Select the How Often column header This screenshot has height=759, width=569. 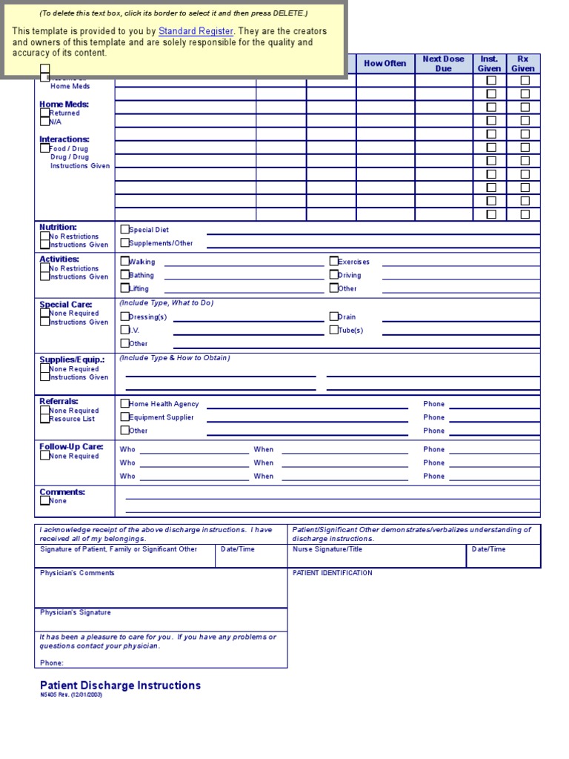(385, 64)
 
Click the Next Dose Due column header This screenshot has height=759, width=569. (443, 64)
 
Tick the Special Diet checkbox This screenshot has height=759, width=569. (124, 230)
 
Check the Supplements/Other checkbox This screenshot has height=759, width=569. (124, 243)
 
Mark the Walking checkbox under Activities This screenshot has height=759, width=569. (124, 261)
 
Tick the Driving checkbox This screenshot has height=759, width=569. (333, 274)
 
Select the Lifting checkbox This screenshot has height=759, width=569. (124, 288)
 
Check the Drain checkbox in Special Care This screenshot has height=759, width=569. (333, 316)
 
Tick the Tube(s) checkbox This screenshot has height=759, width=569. (333, 330)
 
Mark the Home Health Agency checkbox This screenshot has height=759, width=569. (124, 403)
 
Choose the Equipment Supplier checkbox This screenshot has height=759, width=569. (124, 417)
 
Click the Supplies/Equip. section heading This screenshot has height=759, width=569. (72, 359)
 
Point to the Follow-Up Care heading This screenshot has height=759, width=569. (71, 447)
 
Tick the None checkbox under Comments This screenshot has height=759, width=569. (44, 500)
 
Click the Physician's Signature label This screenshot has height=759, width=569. (75, 612)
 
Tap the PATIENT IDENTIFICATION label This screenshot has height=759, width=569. (332, 573)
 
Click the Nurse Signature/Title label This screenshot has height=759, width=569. (327, 549)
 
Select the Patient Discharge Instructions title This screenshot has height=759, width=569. (120, 686)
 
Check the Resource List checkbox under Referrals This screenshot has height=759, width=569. (44, 419)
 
